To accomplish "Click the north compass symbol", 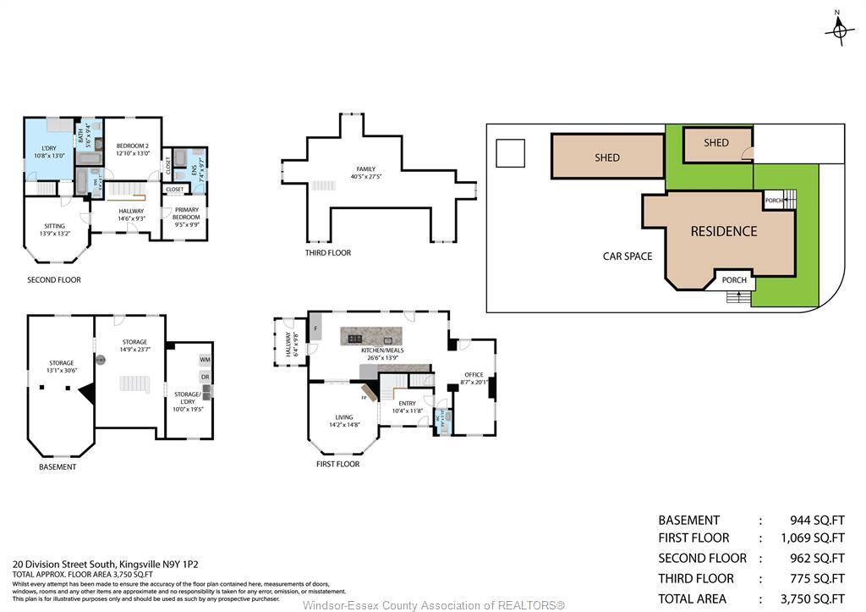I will [839, 30].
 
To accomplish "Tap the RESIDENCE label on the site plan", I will [723, 231].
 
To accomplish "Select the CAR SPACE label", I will [627, 256].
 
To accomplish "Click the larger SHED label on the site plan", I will [606, 157].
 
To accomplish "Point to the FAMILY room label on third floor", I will [365, 173].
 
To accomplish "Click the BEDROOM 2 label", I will [132, 149].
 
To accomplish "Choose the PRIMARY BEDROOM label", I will [186, 213].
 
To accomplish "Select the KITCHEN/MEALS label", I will [382, 350].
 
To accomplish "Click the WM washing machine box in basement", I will [204, 360].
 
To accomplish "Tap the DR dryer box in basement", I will [204, 377].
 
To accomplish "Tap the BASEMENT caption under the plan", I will [58, 466].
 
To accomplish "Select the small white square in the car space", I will [510, 153].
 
